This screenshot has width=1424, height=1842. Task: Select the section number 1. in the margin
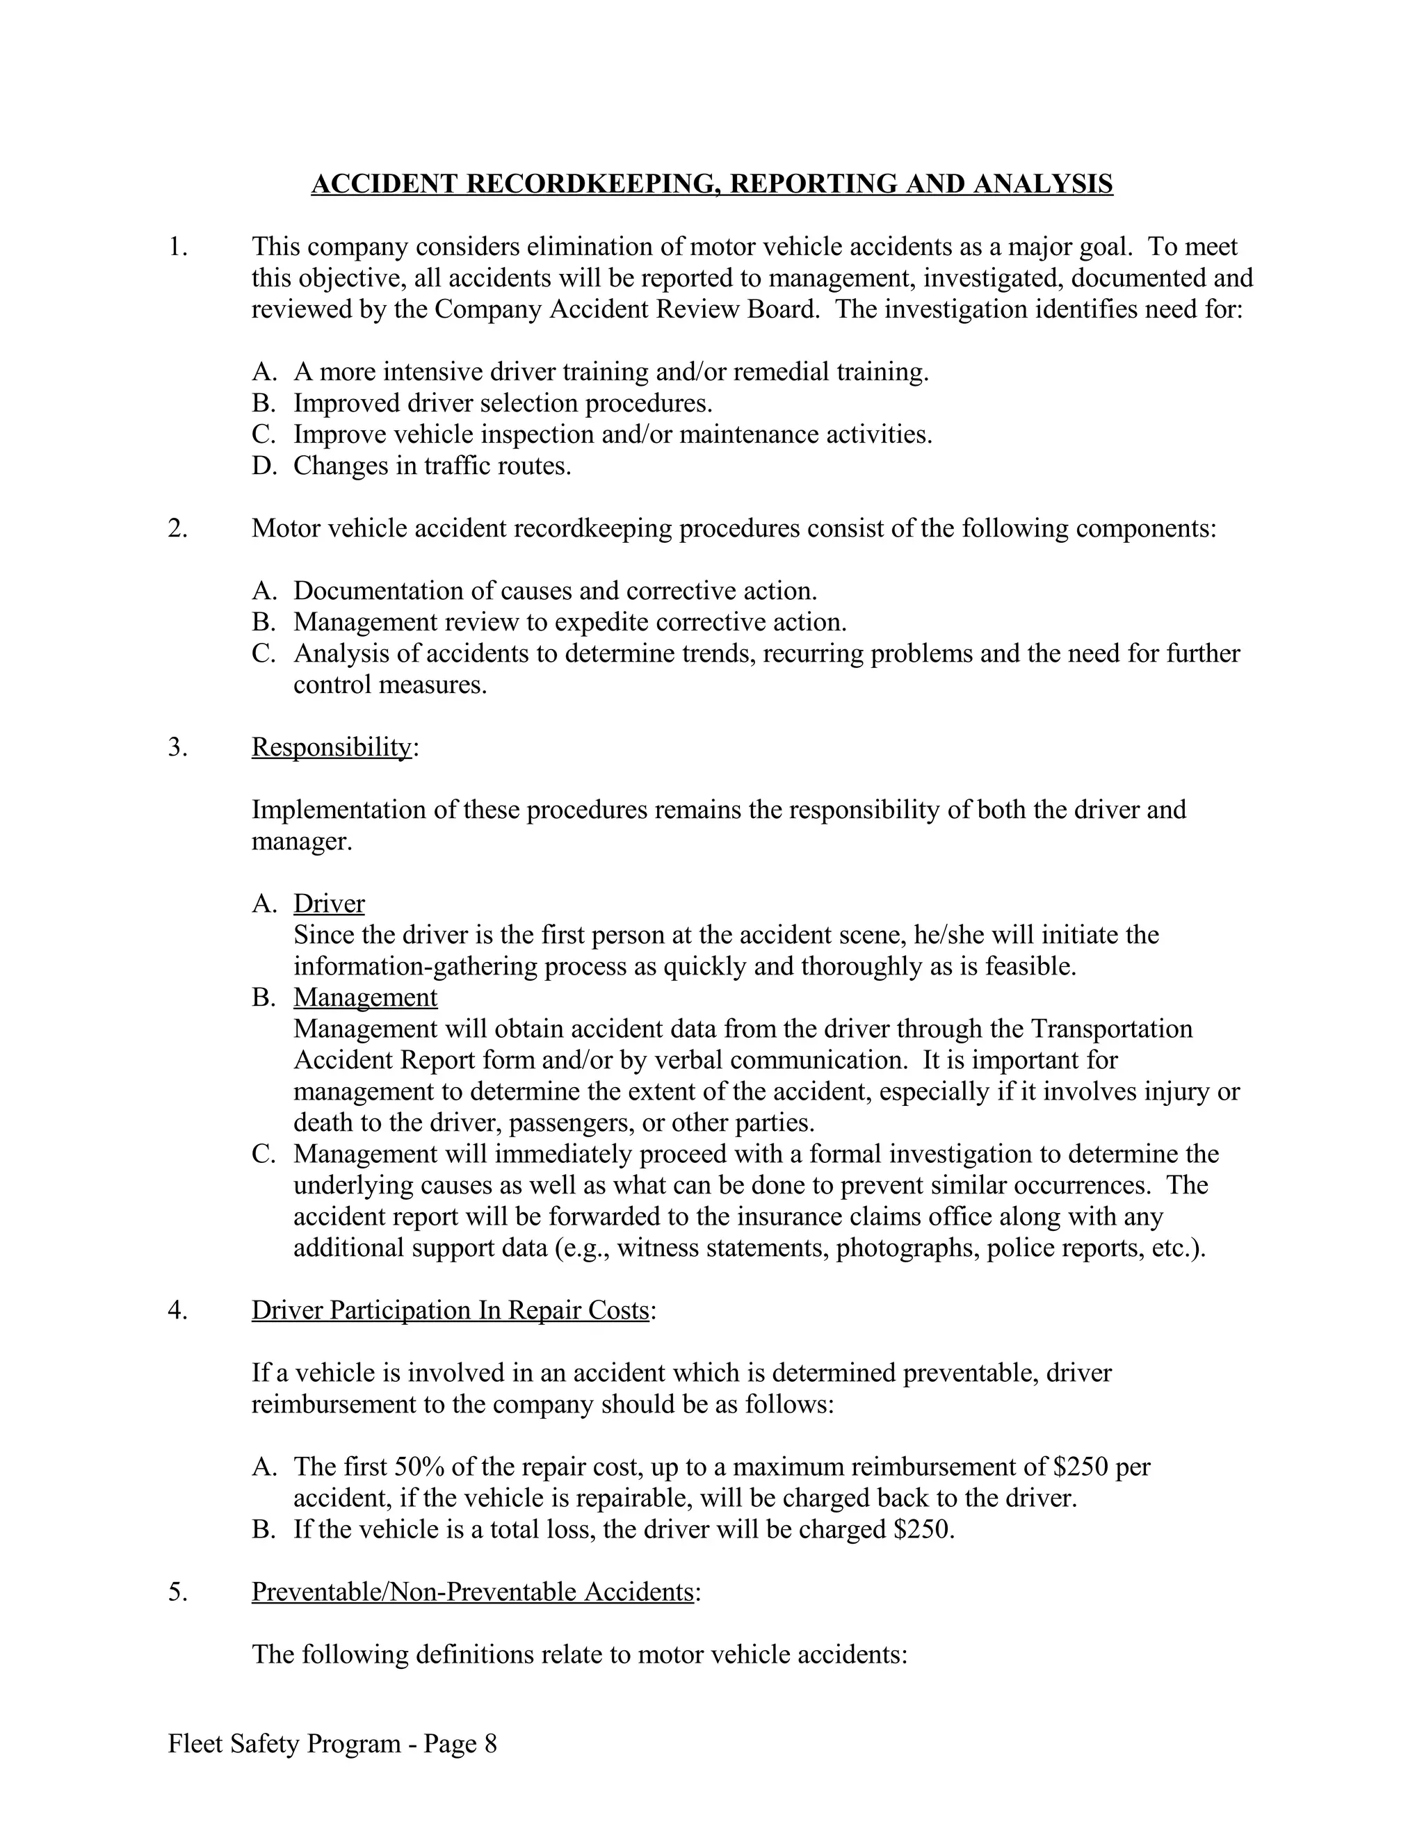click(177, 247)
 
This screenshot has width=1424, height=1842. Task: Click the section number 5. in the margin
click(177, 1592)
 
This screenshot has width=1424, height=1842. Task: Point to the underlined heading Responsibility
click(332, 747)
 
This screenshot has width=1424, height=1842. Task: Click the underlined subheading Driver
click(329, 904)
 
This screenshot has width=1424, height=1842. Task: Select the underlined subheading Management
click(365, 997)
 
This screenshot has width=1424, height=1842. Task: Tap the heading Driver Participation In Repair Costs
click(451, 1310)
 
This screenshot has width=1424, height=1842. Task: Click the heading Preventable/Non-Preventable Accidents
click(472, 1592)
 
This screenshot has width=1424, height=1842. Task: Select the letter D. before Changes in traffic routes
click(264, 466)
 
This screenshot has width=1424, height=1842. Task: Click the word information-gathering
click(416, 965)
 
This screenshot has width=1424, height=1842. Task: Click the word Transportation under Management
click(1112, 1029)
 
